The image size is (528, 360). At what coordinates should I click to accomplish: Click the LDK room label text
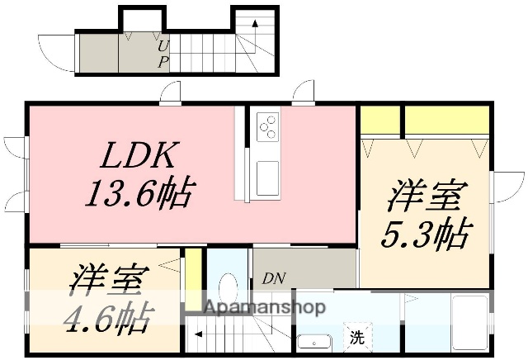139,156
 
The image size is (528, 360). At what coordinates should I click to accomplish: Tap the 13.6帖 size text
139,193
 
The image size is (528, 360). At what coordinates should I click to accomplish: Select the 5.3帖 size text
425,234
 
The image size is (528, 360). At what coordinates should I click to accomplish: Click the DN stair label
274,278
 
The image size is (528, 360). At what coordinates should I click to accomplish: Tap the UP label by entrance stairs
163,54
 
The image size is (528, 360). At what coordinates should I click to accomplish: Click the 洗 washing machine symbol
356,337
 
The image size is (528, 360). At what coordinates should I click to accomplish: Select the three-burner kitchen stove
267,127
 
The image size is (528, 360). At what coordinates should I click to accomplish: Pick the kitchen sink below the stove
266,178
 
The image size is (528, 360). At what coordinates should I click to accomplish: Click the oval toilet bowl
229,289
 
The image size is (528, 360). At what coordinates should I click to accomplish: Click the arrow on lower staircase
199,335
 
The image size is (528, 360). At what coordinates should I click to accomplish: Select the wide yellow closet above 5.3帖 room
445,121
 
